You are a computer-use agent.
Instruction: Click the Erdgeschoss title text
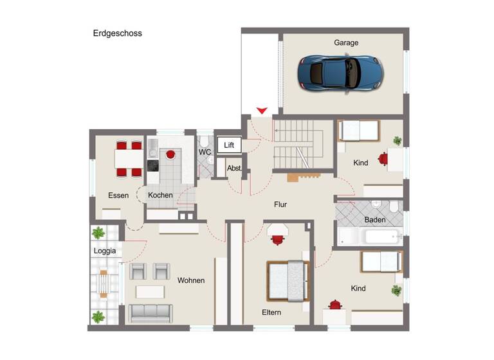pos(117,33)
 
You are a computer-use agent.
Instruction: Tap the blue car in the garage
pos(340,71)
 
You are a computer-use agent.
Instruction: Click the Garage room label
pos(345,42)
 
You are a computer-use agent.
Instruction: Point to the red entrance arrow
pos(262,111)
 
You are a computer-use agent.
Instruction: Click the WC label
pos(204,152)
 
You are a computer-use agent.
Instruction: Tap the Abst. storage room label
pos(233,168)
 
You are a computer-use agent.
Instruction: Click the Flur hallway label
pos(280,204)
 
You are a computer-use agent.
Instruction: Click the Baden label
pos(374,220)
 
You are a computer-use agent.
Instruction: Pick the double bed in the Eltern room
pos(286,280)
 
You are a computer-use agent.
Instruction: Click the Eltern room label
pos(271,312)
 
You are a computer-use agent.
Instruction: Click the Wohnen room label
pos(191,280)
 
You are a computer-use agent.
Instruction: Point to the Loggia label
pos(105,251)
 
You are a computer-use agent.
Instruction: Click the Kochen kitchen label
pos(160,195)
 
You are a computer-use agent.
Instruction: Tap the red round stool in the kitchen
pos(171,154)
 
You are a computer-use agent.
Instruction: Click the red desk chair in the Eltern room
pos(278,240)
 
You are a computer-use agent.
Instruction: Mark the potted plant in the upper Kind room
pos(397,141)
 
